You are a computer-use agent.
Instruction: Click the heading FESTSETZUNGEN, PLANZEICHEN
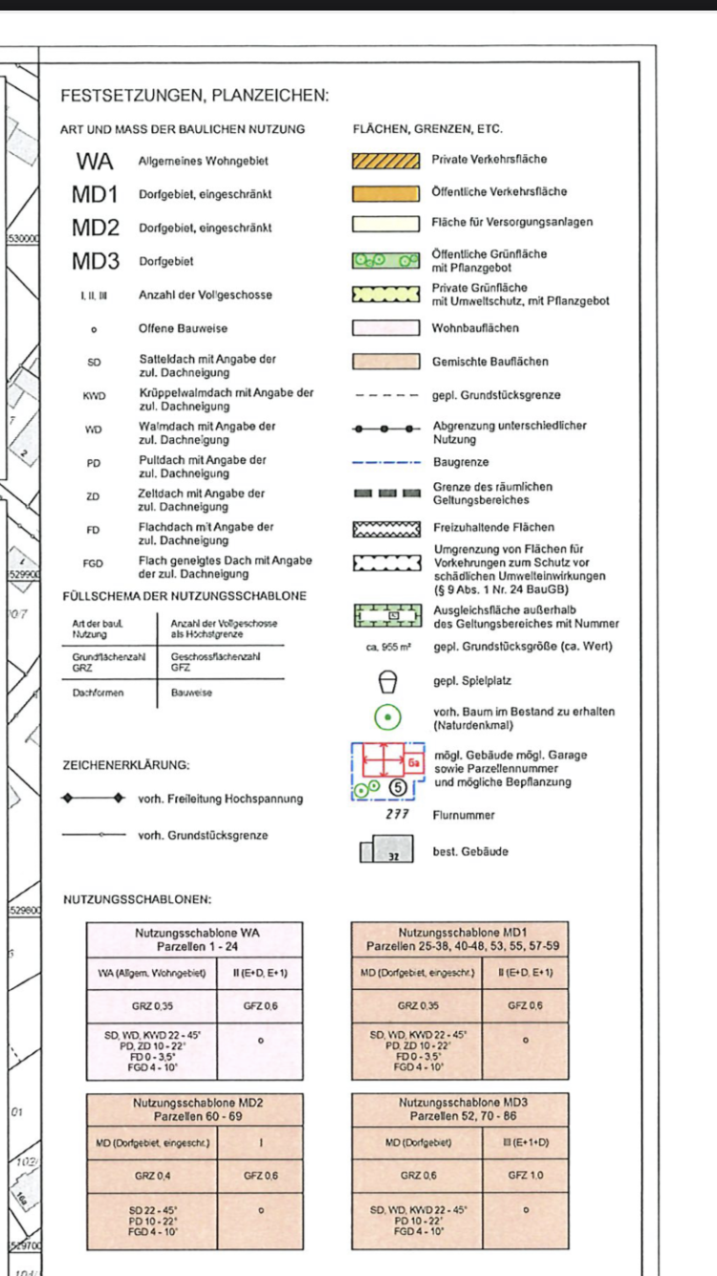coord(194,96)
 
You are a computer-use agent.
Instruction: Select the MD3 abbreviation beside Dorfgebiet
coord(95,261)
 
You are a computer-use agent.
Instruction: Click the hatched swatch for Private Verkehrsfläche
coord(385,160)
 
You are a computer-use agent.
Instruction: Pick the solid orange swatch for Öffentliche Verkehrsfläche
coord(385,192)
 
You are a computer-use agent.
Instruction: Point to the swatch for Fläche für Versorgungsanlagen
coord(385,223)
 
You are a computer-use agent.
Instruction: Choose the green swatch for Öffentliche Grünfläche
coord(385,260)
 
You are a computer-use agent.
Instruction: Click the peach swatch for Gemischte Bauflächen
coord(385,363)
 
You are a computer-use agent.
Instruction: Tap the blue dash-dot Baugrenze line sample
coord(385,461)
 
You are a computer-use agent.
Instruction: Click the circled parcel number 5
coord(401,787)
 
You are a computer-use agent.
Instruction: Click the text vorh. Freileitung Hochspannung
coord(220,799)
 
